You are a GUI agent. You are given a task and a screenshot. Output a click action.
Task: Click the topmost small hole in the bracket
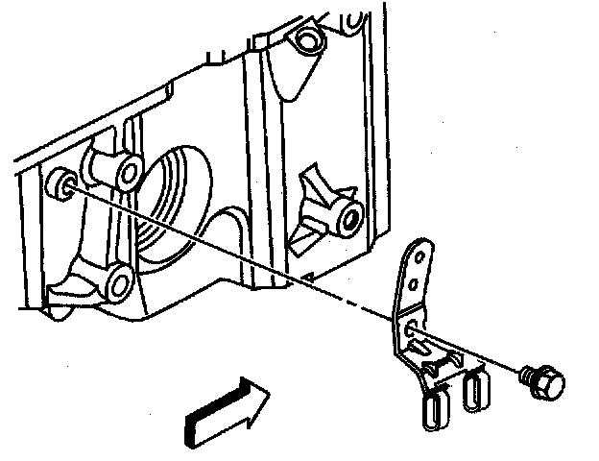(418, 256)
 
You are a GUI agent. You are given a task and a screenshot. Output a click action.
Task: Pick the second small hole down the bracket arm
(413, 284)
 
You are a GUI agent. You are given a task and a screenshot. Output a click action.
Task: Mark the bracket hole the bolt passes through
(411, 330)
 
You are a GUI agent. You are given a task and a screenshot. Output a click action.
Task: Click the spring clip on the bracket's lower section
(439, 363)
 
